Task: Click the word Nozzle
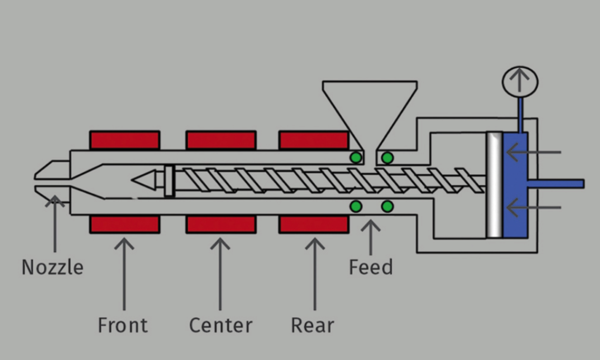52,267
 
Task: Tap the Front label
123,325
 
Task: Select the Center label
221,325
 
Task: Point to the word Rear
312,325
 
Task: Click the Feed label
371,267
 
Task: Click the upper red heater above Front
125,140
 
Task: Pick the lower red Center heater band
221,224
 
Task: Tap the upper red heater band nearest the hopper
314,140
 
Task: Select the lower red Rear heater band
314,224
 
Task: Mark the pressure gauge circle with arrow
520,82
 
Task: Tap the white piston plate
494,185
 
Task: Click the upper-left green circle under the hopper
356,157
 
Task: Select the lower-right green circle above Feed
387,207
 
